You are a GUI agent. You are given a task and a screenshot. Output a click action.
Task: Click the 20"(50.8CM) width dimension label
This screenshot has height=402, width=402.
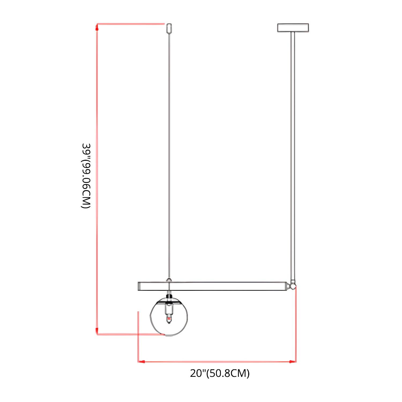tap(220, 373)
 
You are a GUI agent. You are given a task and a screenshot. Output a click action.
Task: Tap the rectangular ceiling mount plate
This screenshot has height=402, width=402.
tap(293, 28)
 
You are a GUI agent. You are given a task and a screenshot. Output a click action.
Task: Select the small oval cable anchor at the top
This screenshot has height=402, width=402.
tap(169, 28)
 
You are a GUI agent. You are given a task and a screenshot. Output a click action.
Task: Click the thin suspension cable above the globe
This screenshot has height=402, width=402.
tap(169, 155)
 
